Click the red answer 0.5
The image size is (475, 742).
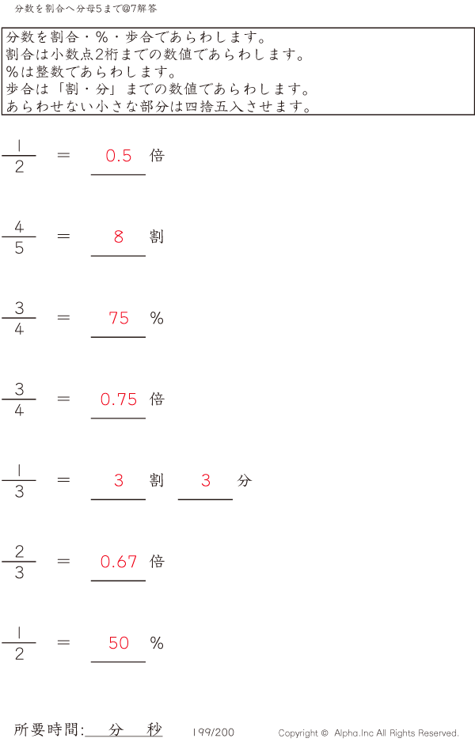(119, 156)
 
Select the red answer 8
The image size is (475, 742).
(119, 237)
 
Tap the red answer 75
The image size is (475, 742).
(119, 318)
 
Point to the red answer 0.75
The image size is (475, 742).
(119, 399)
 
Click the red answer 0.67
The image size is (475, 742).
(119, 562)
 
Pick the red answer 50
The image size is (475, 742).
(119, 643)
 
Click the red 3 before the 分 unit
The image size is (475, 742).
(206, 480)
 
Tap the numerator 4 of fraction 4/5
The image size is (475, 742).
(19, 227)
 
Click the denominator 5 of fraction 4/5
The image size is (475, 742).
(19, 248)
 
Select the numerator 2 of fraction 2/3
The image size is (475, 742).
(19, 552)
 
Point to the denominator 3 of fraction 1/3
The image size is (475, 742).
(19, 492)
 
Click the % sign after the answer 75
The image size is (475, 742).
(157, 318)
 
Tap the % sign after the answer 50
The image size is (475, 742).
(157, 643)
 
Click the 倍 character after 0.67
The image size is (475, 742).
(157, 562)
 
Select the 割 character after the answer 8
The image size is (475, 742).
(157, 237)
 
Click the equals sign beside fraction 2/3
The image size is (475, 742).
(64, 562)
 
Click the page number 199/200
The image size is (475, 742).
(214, 733)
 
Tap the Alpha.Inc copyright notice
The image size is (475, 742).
(368, 733)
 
